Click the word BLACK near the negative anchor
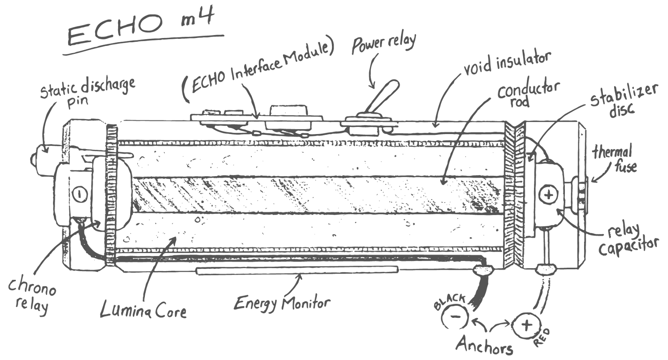click(450, 301)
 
